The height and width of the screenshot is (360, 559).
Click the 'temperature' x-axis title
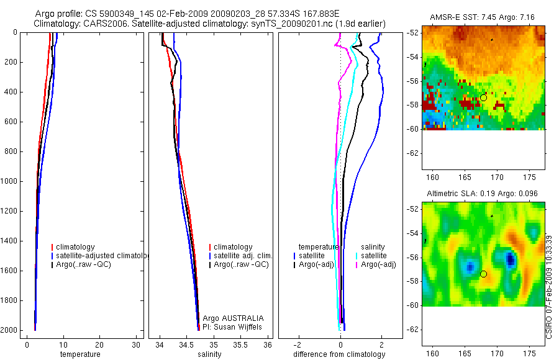click(x=80, y=354)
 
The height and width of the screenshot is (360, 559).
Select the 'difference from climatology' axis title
click(x=339, y=354)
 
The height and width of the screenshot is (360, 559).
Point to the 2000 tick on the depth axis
click(x=11, y=330)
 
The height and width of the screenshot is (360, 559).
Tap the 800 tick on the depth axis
click(x=12, y=151)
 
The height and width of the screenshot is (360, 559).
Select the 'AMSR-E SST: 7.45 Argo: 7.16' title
click(x=483, y=16)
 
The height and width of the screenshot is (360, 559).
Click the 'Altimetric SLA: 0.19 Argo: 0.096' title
click(x=483, y=194)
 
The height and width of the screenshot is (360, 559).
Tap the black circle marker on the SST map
click(x=483, y=97)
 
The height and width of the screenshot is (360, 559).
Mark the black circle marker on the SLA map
click(x=483, y=274)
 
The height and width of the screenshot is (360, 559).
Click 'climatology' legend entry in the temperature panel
click(x=75, y=247)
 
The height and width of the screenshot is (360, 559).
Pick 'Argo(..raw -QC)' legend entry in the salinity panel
click(x=241, y=264)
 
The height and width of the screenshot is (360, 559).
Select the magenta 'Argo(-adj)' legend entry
click(x=378, y=264)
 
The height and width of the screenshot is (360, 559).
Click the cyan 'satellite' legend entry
click(x=373, y=256)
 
